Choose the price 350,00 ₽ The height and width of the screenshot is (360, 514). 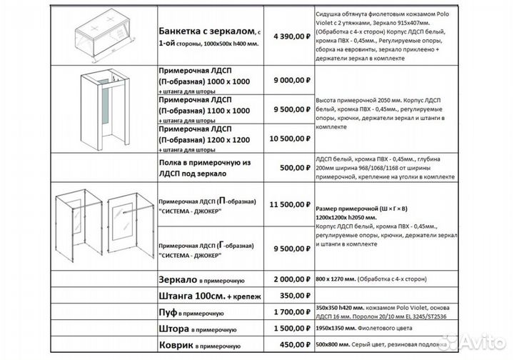pyautogui.click(x=291, y=295)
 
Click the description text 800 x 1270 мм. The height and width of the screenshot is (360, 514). pyautogui.click(x=338, y=280)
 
